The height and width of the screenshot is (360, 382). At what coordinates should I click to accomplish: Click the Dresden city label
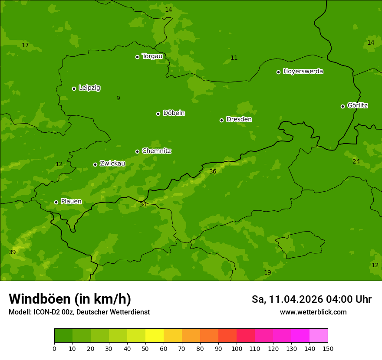239,119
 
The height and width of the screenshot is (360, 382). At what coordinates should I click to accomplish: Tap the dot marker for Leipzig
74,88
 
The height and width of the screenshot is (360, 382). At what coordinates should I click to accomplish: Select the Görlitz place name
357,105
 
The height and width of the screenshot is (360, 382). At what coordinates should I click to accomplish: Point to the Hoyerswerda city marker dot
278,72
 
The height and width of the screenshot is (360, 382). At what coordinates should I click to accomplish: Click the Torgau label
152,56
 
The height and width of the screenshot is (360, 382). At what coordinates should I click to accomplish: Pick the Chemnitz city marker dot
137,151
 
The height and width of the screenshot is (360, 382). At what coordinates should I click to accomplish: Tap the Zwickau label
112,164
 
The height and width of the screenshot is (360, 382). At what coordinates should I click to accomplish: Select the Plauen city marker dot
56,202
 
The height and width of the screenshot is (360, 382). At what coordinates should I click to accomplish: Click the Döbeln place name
174,113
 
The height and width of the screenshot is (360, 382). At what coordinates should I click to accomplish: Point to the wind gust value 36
213,172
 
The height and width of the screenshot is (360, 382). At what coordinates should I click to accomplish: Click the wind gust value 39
12,252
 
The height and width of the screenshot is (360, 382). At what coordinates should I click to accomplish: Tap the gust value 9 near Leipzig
118,98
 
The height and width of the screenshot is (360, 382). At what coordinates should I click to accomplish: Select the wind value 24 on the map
356,162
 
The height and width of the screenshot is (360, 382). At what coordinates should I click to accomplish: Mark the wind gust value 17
25,46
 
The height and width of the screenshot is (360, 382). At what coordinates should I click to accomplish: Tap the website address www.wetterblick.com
313,312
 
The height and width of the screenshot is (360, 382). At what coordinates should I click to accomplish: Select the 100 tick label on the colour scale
237,348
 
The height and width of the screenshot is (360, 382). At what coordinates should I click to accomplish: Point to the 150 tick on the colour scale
327,348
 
